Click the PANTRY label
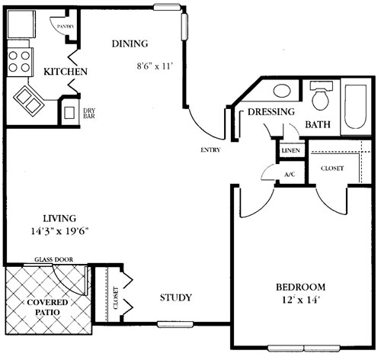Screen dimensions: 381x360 coord(66,27)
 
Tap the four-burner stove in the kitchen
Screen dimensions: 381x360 coord(20,62)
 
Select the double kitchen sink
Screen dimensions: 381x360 coord(29,101)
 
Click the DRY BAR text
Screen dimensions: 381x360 coord(89,114)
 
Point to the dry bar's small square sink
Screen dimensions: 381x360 coord(69,113)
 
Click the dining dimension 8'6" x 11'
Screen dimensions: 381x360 coord(155,66)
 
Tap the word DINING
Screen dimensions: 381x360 coord(130,43)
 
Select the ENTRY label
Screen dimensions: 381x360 coord(210,150)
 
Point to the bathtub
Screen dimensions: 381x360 coord(355,107)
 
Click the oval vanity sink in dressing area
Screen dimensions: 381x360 coord(282,91)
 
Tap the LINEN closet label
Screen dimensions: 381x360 coord(291,150)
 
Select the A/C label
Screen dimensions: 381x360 coord(290,175)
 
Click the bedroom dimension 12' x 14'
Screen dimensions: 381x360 coord(300,301)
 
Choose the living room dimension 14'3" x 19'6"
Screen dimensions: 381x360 coord(59,231)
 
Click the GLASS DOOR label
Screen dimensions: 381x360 coord(54,259)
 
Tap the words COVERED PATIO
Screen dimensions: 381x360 coord(47,307)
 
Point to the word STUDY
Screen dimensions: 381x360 coord(176,297)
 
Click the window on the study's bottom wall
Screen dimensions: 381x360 coord(175,324)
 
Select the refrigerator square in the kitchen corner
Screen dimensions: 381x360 coord(21,24)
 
